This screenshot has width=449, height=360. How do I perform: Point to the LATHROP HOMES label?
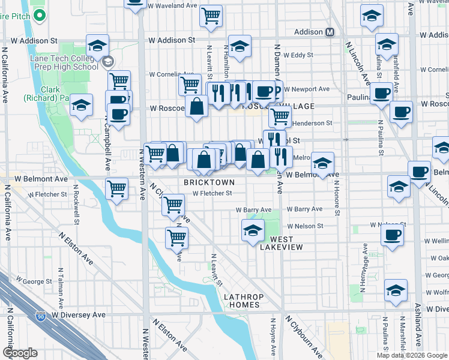click(241, 301)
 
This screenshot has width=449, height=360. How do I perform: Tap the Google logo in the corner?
click(20, 352)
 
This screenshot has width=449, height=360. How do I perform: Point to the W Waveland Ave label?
click(174, 5)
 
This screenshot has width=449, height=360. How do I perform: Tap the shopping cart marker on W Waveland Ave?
click(211, 16)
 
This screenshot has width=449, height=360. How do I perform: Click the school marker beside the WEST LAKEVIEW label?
click(253, 230)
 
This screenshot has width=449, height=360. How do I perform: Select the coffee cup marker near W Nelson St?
click(392, 235)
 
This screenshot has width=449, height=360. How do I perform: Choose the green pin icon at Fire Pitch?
click(40, 15)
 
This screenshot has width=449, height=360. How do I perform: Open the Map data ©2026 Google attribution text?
click(411, 355)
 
